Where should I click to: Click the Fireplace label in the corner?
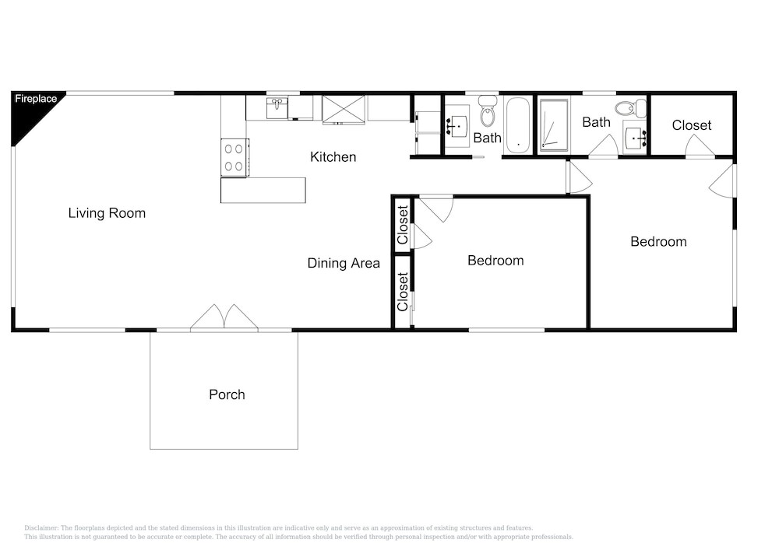(x=36, y=99)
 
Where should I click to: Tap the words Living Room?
(x=107, y=213)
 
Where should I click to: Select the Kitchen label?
(x=333, y=157)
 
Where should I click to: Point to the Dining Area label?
(x=344, y=263)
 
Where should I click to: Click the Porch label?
(x=227, y=394)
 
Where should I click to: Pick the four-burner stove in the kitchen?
(x=234, y=157)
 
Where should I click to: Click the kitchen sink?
(x=277, y=108)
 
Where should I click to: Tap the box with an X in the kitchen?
(x=344, y=110)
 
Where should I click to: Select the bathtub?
(x=518, y=125)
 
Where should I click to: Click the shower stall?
(x=553, y=124)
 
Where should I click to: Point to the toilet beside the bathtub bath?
(x=488, y=110)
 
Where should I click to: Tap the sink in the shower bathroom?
(x=635, y=137)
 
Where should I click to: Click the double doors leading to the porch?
(x=224, y=317)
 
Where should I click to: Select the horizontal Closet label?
(x=692, y=125)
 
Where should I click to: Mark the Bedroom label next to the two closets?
(x=495, y=261)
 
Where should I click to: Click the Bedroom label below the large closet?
(x=659, y=242)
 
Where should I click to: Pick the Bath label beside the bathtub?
(x=488, y=138)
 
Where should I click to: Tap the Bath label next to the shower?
(x=596, y=122)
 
